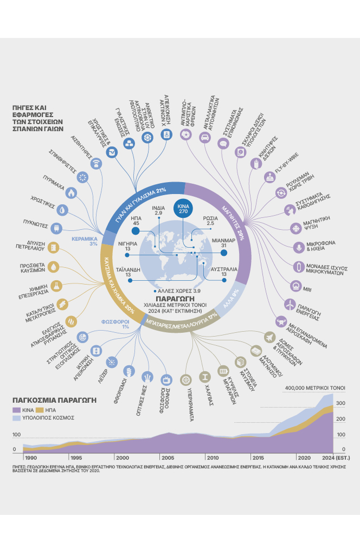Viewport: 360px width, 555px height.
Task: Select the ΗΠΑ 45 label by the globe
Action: pos(136,220)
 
